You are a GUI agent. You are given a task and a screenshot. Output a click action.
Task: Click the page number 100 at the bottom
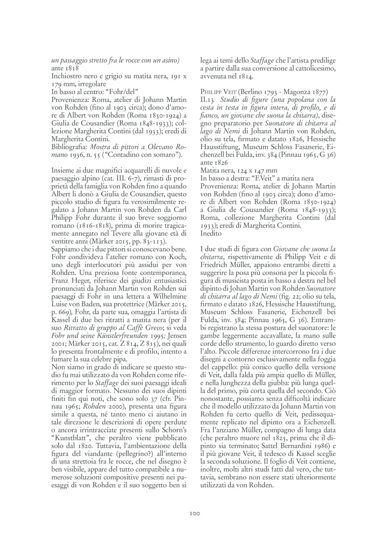194,514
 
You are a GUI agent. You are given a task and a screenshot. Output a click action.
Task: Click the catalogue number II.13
207,100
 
